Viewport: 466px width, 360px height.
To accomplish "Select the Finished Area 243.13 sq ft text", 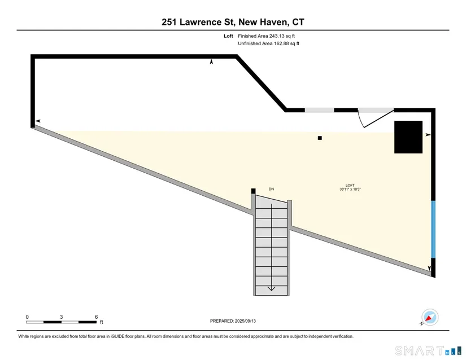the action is (266, 36).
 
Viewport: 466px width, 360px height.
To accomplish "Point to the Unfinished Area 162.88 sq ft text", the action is (269, 43).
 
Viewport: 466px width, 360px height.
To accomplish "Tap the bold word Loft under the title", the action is (228, 36).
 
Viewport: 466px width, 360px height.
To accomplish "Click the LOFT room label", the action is (350, 185).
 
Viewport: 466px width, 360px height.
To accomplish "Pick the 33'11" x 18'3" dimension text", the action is (350, 189).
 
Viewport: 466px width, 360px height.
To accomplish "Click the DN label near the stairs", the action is (271, 189).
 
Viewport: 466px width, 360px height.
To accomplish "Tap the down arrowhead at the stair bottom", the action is (271, 288).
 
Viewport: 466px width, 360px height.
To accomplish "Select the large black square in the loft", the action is (408, 137).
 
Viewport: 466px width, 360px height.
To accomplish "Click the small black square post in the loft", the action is (320, 138).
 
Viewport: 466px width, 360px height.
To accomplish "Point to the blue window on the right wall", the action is (433, 230).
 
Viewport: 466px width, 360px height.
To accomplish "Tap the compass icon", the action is (430, 317).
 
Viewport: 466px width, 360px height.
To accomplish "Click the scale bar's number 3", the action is (61, 317).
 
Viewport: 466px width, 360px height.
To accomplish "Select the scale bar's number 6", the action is (96, 317).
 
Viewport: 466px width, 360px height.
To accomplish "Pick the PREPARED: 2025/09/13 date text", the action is (233, 321).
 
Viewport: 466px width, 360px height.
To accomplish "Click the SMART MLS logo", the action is (428, 351).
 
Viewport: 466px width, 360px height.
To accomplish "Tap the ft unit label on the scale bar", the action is (101, 322).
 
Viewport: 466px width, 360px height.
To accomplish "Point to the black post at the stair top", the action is (253, 191).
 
